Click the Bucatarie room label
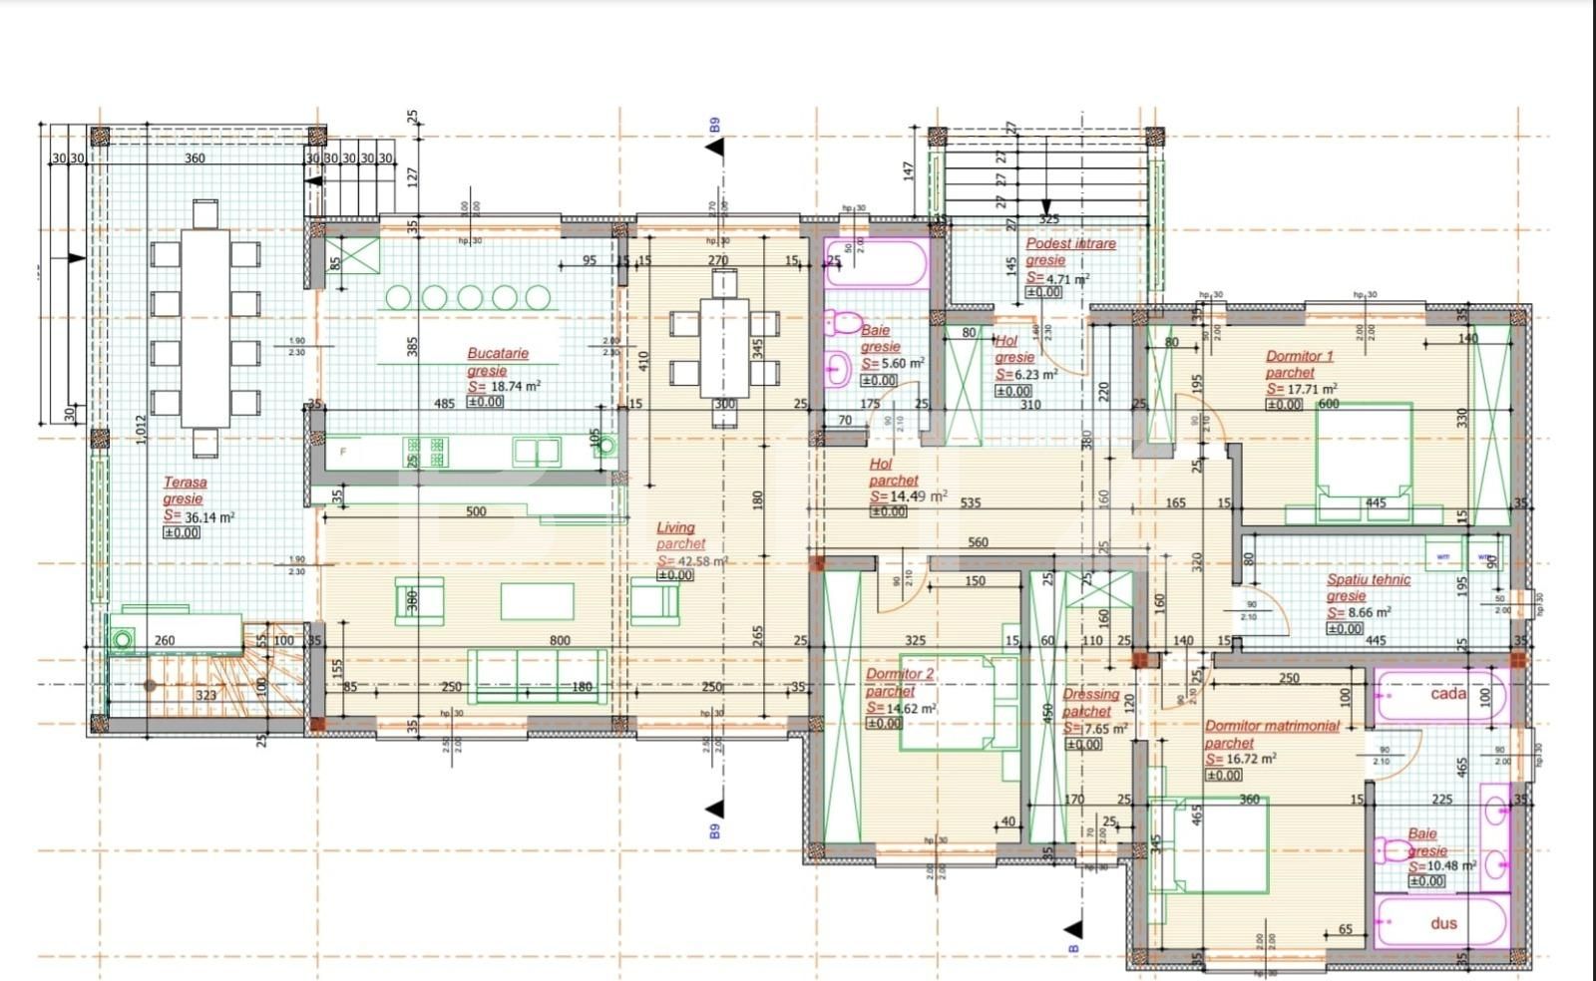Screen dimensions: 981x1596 click(498, 353)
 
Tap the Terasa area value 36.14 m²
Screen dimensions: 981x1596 click(208, 517)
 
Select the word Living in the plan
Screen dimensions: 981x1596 click(675, 527)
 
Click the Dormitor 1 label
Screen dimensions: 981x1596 click(1299, 356)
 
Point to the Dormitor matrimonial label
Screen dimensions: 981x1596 click(1272, 726)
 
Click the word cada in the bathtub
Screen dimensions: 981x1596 click(1448, 693)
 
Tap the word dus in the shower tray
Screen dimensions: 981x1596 click(1443, 923)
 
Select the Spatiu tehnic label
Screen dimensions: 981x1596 click(1368, 579)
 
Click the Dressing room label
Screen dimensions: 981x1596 click(1090, 694)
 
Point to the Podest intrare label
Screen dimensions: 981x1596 click(1070, 243)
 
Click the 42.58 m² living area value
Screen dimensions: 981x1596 click(701, 561)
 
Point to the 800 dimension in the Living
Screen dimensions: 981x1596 click(560, 641)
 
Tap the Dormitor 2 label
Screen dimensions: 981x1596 click(899, 674)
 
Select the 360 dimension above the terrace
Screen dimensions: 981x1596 click(195, 159)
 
